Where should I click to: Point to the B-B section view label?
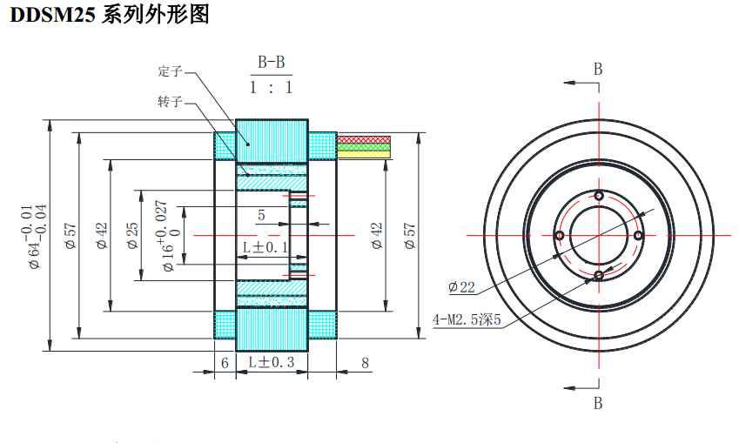(271, 63)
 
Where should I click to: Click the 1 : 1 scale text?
(271, 87)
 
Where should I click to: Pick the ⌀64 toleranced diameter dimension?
(36, 235)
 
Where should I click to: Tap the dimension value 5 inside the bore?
(261, 215)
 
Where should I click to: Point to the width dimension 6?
(225, 363)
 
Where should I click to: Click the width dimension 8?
(364, 363)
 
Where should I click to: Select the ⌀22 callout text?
(461, 286)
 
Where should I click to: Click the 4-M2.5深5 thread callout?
(467, 319)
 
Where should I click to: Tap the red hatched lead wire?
(364, 139)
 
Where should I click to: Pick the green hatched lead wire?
(364, 146)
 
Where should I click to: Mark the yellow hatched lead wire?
(364, 153)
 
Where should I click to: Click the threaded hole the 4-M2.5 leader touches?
(599, 276)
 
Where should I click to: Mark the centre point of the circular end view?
(599, 235)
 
